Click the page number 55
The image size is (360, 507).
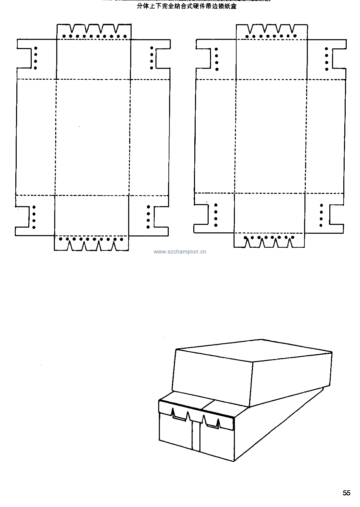[346, 493]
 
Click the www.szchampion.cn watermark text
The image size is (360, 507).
[180, 252]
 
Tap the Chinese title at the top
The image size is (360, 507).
[186, 6]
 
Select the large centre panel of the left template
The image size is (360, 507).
[93, 137]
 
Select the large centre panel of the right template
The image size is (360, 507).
[271, 136]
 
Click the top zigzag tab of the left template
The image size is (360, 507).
[94, 32]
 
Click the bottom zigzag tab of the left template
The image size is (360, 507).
[91, 243]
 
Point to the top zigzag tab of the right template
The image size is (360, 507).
[272, 32]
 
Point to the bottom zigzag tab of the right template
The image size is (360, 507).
[269, 240]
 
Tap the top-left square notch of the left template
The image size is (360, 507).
[24, 58]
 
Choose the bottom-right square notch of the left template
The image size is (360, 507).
[162, 217]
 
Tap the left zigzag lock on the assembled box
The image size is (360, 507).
[180, 415]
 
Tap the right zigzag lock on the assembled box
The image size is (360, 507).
[211, 422]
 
